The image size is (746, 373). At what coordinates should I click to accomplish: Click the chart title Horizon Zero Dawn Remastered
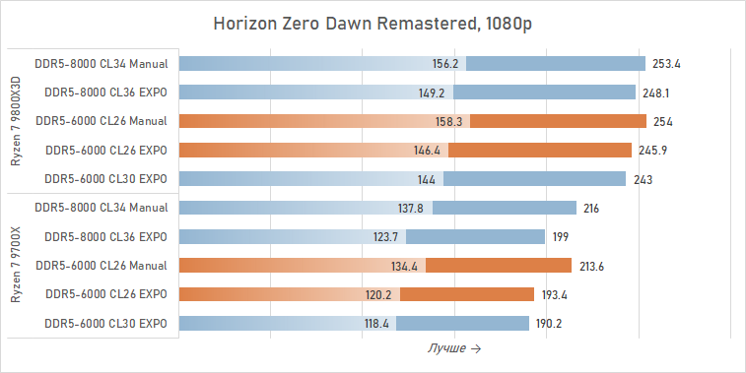(373, 24)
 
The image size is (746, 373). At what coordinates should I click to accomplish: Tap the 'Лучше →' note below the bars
(454, 348)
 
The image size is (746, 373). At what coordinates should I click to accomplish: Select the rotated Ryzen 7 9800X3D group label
(15, 121)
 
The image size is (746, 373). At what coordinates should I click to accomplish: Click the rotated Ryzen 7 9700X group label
(15, 266)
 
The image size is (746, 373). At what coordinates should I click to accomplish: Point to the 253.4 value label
(667, 64)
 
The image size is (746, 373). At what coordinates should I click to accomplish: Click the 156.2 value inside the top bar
(445, 64)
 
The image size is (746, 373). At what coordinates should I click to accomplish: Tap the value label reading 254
(662, 122)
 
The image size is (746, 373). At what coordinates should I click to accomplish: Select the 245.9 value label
(652, 151)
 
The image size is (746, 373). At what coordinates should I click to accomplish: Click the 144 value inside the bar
(427, 180)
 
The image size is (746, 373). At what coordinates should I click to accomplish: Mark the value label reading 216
(591, 209)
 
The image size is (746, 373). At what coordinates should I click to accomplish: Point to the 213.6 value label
(592, 266)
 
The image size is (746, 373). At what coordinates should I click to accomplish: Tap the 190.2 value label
(550, 324)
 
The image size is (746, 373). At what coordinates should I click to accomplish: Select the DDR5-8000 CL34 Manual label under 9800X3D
(101, 64)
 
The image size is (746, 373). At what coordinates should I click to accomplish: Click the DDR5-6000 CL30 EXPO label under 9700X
(105, 323)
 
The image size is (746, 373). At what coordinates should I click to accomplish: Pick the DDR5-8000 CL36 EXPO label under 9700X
(105, 237)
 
